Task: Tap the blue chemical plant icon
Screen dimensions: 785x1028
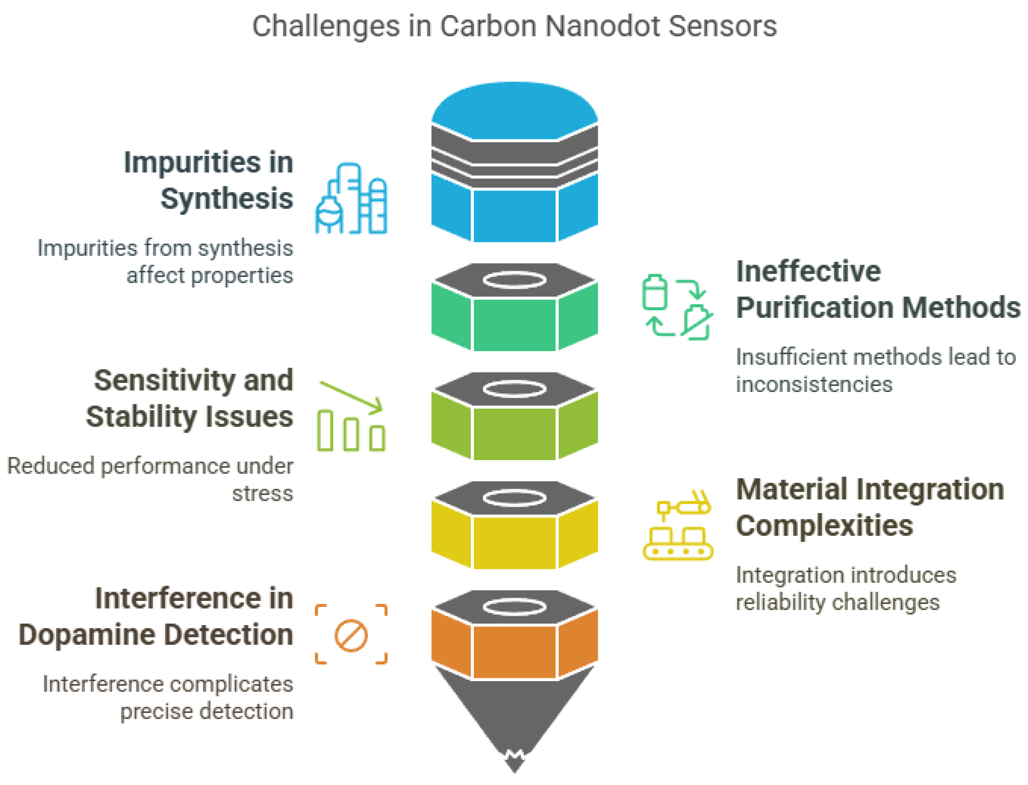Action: [351, 198]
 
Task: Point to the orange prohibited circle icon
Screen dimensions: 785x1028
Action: [351, 635]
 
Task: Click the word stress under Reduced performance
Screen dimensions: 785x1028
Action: [262, 493]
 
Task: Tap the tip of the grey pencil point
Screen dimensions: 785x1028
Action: [514, 766]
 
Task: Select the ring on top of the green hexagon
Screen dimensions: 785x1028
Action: [514, 280]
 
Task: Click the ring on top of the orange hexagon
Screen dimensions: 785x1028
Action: [514, 607]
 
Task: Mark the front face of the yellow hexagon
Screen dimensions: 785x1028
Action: [514, 542]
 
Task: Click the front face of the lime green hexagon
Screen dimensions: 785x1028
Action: [514, 433]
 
